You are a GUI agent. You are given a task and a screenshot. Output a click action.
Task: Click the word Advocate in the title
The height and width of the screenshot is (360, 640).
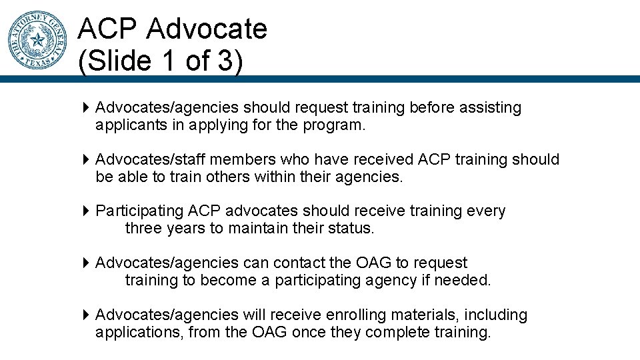[x=207, y=29]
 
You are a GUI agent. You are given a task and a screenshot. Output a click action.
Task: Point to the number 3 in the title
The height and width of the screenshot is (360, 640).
[x=225, y=61]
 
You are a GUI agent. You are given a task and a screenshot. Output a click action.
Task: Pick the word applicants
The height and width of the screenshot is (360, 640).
[x=129, y=125]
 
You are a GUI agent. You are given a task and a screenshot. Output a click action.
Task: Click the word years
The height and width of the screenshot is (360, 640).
[x=187, y=229]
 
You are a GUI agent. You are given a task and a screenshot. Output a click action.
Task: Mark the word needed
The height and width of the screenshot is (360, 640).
[x=462, y=281]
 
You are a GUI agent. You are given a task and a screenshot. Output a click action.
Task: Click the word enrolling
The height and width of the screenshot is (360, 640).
[x=361, y=315]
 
